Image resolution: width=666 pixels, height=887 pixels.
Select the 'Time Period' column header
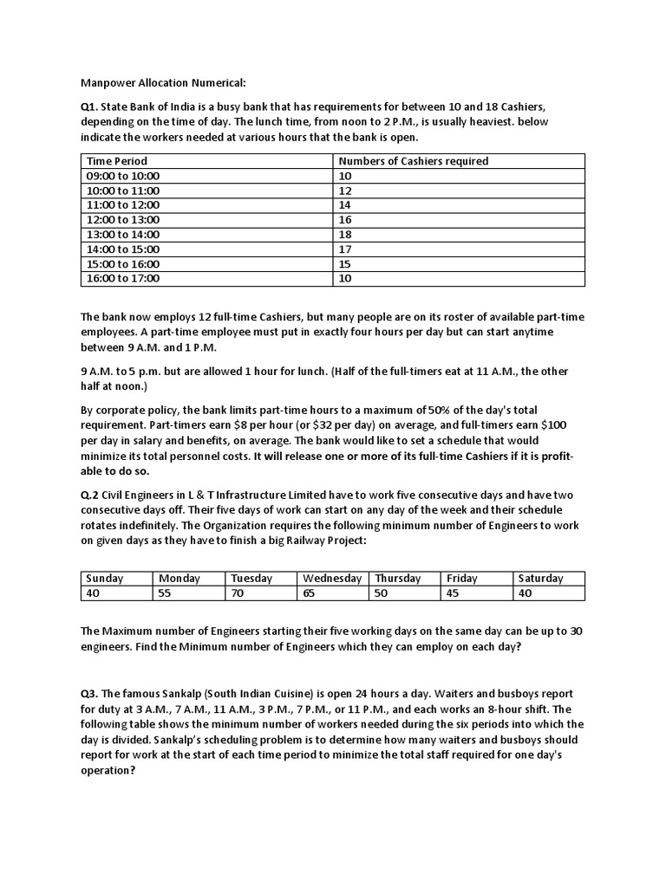(117, 161)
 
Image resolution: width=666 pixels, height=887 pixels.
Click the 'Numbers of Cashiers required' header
(413, 161)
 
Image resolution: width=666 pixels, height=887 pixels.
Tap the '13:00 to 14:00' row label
(123, 235)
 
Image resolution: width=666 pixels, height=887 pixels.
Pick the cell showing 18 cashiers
(344, 235)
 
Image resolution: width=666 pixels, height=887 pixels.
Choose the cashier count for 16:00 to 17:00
(344, 279)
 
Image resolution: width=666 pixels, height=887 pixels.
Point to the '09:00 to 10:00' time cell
(123, 176)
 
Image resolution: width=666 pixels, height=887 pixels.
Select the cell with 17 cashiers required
(344, 249)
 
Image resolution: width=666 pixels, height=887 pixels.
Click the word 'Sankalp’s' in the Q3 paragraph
(164, 741)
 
